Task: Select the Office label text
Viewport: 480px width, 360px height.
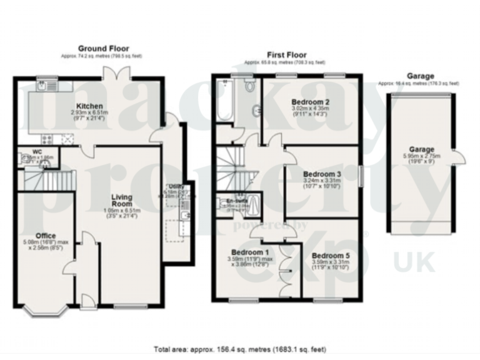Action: [x=45, y=236]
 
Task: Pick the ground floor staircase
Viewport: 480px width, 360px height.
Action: [x=49, y=181]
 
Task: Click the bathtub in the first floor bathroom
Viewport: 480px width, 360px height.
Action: [x=223, y=99]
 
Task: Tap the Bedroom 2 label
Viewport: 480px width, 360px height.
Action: [x=311, y=101]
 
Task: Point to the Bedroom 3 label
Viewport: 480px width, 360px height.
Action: [x=321, y=174]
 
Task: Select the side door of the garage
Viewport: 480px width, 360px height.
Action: [x=461, y=157]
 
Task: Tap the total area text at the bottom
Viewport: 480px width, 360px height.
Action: [x=240, y=349]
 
